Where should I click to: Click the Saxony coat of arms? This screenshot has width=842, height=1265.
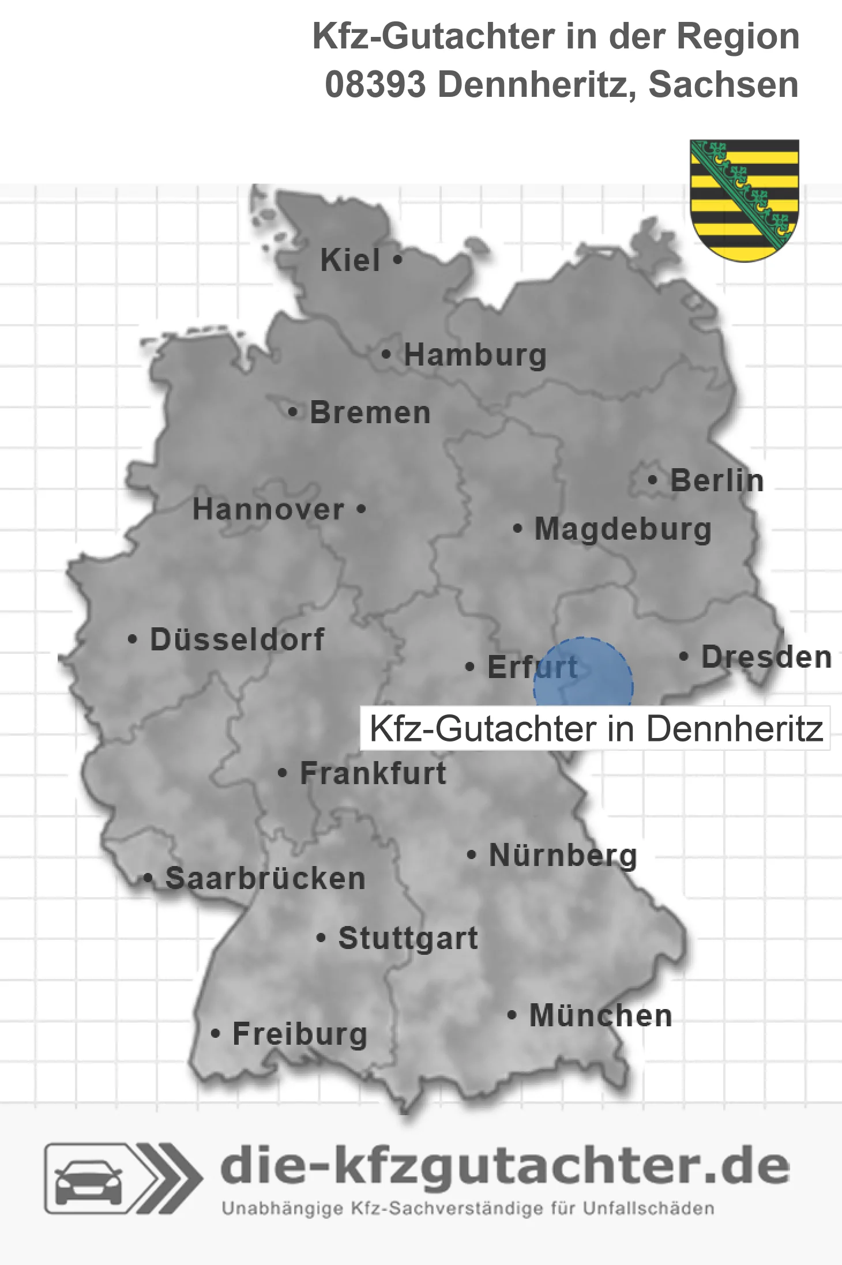click(x=745, y=200)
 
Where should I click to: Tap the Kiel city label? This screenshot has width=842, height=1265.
click(x=350, y=260)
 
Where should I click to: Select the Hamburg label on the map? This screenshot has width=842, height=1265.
click(x=475, y=355)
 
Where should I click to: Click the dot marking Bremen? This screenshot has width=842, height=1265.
click(x=293, y=412)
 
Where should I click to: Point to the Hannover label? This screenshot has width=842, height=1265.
click(x=268, y=510)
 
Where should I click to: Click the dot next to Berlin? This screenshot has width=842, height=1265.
click(x=652, y=480)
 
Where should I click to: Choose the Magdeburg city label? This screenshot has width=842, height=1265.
click(x=623, y=529)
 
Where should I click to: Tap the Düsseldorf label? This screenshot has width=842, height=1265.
click(x=237, y=639)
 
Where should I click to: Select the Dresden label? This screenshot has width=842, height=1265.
click(x=766, y=657)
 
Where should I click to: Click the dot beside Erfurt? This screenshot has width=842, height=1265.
click(x=470, y=667)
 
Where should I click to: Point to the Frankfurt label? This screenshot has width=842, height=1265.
click(x=373, y=773)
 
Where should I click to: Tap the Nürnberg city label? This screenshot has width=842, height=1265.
click(x=563, y=855)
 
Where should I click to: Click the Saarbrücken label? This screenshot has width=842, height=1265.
click(x=265, y=879)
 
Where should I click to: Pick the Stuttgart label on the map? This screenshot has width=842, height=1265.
click(x=408, y=938)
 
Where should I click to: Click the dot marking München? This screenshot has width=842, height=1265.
click(x=512, y=1015)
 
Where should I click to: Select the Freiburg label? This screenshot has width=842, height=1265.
click(x=300, y=1034)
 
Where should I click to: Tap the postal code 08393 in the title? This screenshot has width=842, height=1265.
click(x=375, y=85)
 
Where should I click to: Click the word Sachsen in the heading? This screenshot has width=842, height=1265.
click(x=723, y=85)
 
